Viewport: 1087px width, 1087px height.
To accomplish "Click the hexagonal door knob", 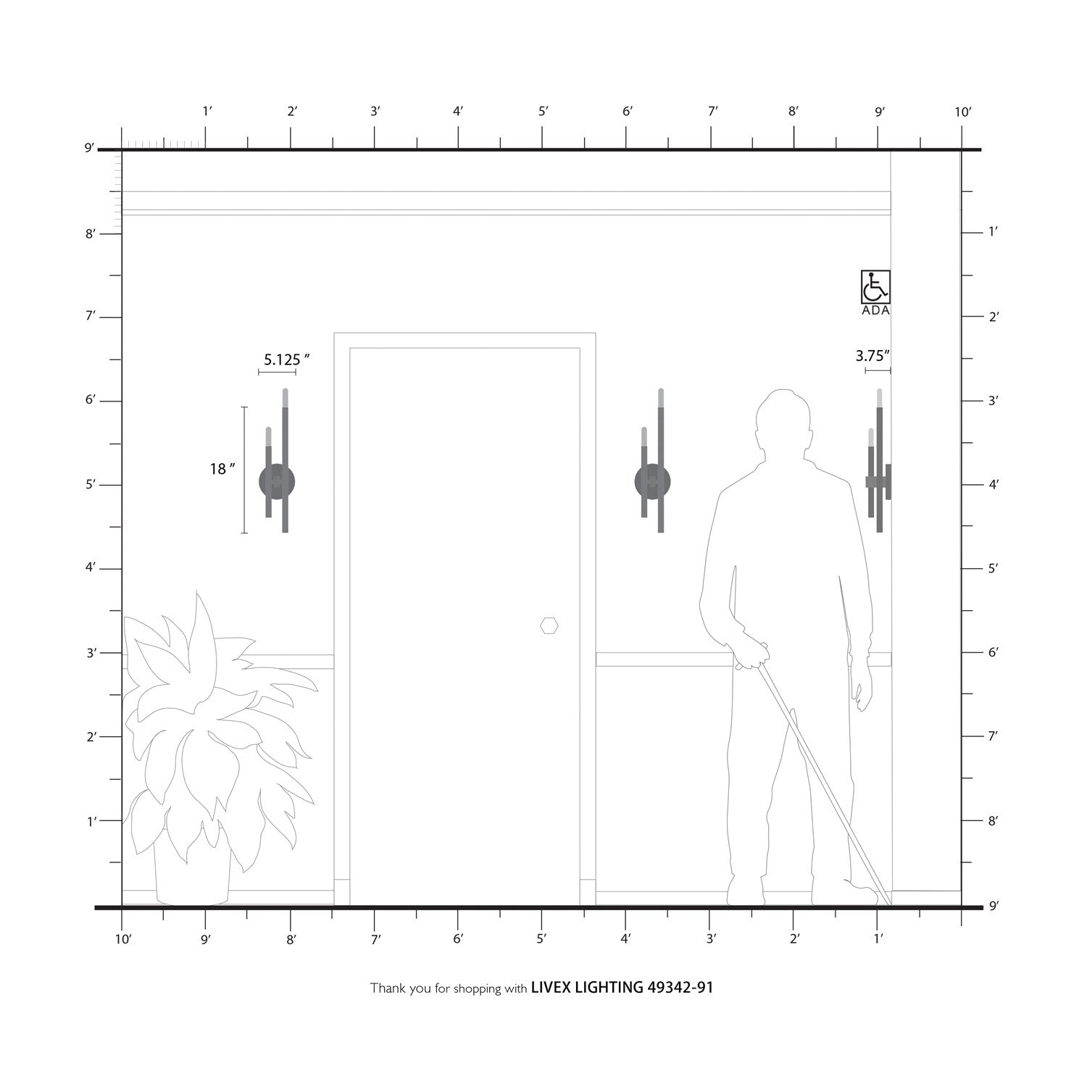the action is (549, 625).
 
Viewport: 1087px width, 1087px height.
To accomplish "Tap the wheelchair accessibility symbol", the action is (875, 286).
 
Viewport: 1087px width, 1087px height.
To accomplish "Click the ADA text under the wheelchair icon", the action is (875, 311).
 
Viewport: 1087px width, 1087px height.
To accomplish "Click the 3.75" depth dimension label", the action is (872, 356).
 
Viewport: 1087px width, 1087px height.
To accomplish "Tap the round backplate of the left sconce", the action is (277, 482).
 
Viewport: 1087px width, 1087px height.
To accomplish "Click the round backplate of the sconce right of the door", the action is (652, 482).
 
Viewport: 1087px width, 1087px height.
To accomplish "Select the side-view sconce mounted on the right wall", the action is (878, 461).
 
